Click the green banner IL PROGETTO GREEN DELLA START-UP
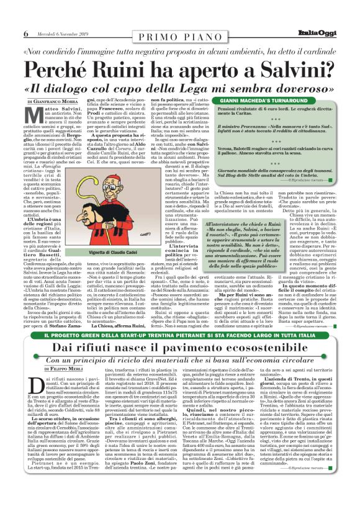pos(180,335)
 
